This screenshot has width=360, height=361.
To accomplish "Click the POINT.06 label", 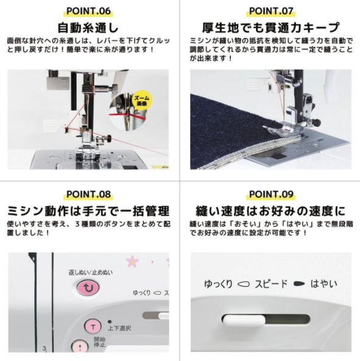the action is coord(88,11).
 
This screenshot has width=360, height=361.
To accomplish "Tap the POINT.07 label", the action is coord(271,11).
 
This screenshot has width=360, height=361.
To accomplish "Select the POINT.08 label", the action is coord(88,195).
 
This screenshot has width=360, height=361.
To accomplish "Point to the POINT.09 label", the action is coord(271,195).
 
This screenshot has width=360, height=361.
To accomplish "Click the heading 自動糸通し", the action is coord(88,27).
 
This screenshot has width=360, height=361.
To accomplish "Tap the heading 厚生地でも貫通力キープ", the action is coord(270,27).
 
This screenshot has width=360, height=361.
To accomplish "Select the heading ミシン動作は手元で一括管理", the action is coord(88,211).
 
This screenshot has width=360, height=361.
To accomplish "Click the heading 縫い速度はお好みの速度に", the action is coord(270,211).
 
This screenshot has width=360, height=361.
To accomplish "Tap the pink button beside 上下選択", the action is coord(93,326).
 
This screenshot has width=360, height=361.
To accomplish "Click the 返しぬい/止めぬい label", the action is coord(91,273).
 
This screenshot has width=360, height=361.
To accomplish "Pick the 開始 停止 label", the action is coord(100,342).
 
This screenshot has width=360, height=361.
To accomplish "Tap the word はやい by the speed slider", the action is coord(324,284).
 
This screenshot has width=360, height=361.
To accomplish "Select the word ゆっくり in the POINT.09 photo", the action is coord(218,284).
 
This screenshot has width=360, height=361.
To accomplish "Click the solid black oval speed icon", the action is coord(299,284).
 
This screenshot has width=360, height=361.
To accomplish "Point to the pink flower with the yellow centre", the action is coord(132,262).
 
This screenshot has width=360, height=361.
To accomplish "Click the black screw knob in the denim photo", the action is coord(318,122).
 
